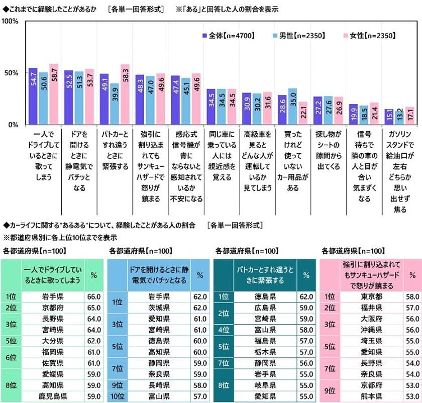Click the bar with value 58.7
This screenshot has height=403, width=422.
point(54,94)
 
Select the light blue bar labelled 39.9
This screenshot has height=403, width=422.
point(115,104)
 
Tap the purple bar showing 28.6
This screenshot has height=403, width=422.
point(282,110)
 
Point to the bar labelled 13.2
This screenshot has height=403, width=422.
point(399,117)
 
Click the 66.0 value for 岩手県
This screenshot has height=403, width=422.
point(94,296)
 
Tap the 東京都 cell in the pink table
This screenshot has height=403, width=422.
point(371,296)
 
